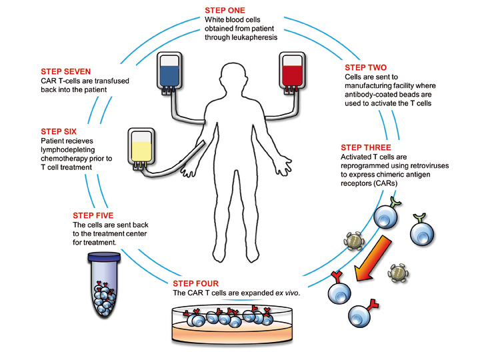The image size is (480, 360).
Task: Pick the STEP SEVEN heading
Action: (x=65, y=71)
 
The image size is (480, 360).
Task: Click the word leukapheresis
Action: (x=250, y=39)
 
